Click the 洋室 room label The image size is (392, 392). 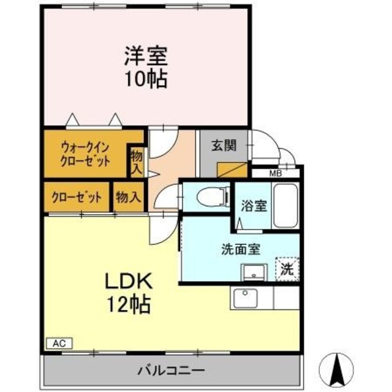pyautogui.click(x=146, y=57)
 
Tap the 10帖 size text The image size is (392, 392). pyautogui.click(x=146, y=80)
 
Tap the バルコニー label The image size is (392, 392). pyautogui.click(x=170, y=371)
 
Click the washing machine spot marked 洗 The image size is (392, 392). pyautogui.click(x=287, y=268)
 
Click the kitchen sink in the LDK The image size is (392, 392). pyautogui.click(x=246, y=299)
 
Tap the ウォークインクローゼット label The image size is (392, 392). pyautogui.click(x=85, y=154)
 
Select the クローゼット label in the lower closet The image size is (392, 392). pyautogui.click(x=76, y=198)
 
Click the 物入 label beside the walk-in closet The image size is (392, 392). pyautogui.click(x=135, y=160)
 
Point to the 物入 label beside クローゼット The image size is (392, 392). pyautogui.click(x=128, y=197)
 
